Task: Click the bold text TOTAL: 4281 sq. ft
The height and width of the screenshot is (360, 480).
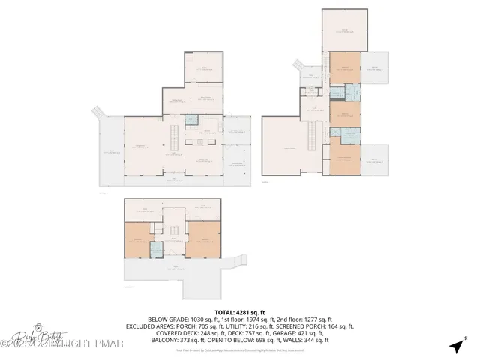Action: [240, 312]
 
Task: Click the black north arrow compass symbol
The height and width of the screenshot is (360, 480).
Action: [456, 345]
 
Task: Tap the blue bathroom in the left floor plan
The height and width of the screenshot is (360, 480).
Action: [192, 119]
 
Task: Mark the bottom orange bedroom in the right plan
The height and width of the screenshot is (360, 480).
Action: [345, 158]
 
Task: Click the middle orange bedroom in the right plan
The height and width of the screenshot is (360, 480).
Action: [345, 114]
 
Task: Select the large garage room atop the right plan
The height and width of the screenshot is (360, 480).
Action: [345, 29]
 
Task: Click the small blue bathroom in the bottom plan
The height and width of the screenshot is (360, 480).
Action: [158, 250]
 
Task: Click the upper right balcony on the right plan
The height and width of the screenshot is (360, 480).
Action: [374, 68]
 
